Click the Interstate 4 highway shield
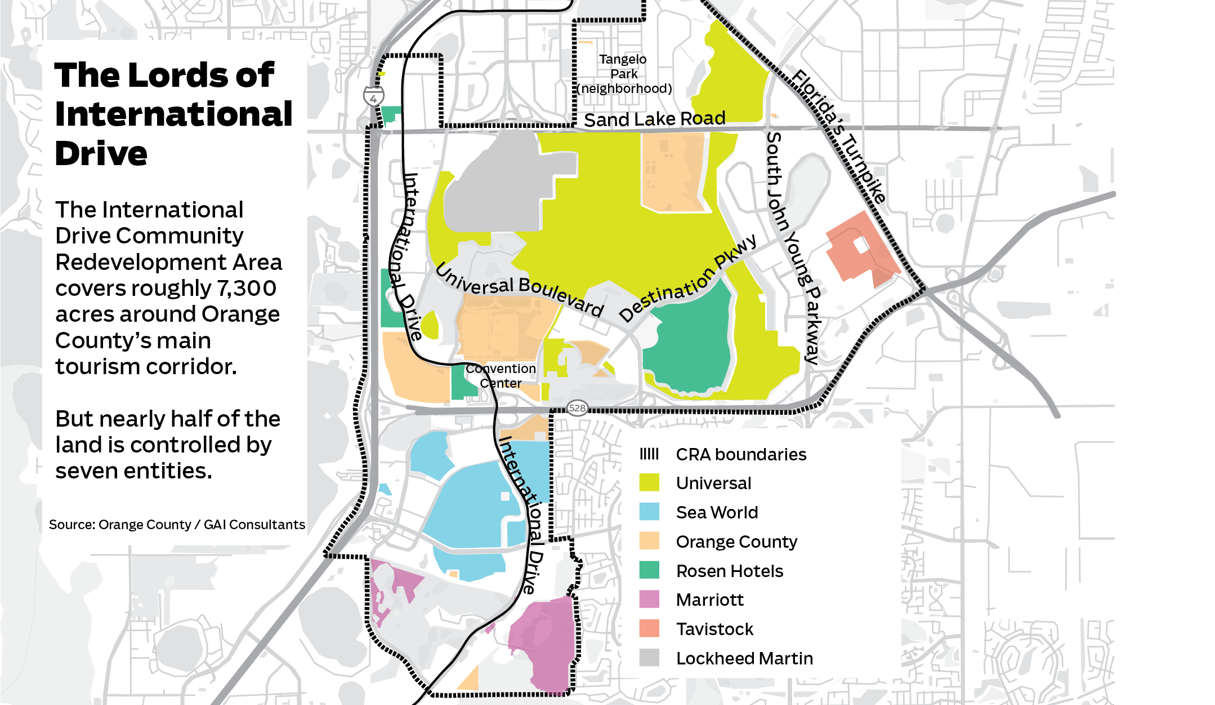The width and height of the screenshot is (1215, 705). coord(373,97)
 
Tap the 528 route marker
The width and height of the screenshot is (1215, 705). coord(577,408)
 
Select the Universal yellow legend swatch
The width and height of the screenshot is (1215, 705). coord(649,483)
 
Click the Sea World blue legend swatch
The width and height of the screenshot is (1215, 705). coord(649,512)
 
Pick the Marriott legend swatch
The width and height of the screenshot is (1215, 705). coord(649,599)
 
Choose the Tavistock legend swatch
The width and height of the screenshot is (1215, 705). coord(649,628)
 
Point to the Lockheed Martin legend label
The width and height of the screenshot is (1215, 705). coord(744,658)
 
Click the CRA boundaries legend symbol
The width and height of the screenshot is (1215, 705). coord(649,454)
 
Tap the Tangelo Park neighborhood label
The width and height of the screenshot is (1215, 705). coord(624,74)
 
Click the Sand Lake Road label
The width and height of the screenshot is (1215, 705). coord(654,119)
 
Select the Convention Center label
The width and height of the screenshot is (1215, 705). coord(501,376)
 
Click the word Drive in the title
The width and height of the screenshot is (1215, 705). coord(101,153)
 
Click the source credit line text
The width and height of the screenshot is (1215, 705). coord(177,525)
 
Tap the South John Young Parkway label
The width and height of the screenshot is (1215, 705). coord(794,248)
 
